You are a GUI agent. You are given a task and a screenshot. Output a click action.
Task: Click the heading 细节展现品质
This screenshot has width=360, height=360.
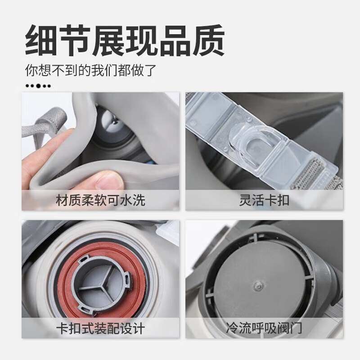pyautogui.click(x=125, y=40)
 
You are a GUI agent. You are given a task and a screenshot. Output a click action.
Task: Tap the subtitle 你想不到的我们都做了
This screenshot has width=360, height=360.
pyautogui.click(x=91, y=70)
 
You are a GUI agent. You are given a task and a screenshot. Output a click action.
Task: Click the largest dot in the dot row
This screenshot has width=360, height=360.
pyautogui.click(x=39, y=86)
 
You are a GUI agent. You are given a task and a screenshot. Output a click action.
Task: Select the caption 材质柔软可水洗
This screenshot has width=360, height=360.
pyautogui.click(x=100, y=200)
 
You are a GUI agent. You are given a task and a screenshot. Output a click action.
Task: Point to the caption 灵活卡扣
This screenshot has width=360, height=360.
pyautogui.click(x=264, y=200)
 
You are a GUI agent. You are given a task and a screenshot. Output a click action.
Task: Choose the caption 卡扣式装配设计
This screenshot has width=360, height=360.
pyautogui.click(x=100, y=328)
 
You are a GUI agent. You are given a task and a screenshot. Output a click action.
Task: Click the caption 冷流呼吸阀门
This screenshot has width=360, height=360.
pyautogui.click(x=264, y=328)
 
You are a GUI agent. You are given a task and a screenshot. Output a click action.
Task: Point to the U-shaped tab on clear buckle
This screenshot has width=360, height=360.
pyautogui.click(x=252, y=149)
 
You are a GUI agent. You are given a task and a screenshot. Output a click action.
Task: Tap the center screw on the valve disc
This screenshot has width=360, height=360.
pyautogui.click(x=257, y=286)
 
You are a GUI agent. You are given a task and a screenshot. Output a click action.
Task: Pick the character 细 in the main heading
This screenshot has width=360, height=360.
pyautogui.click(x=41, y=40)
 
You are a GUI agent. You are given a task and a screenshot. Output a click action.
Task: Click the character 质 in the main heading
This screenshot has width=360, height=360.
pyautogui.click(x=208, y=40)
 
